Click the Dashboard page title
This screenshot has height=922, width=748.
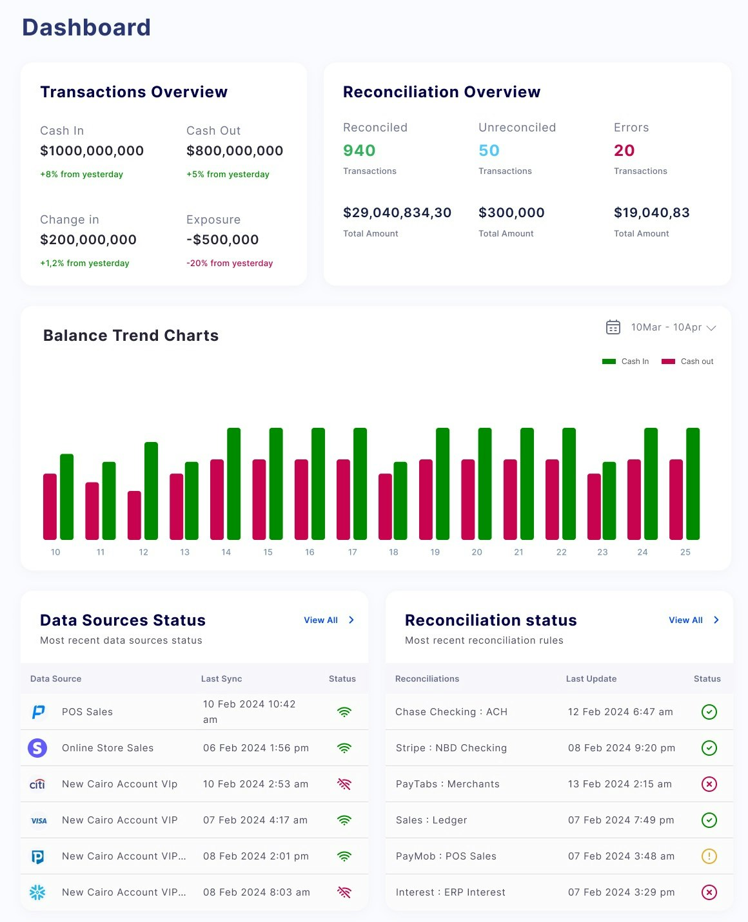86,28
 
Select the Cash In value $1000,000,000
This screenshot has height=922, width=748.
92,151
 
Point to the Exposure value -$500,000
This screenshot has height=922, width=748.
222,240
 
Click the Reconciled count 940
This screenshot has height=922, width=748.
359,151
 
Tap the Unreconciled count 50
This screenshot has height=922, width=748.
489,151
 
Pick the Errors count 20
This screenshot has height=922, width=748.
624,151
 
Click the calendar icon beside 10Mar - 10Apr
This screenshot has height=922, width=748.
613,327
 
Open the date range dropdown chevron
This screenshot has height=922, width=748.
711,328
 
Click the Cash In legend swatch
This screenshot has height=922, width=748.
609,361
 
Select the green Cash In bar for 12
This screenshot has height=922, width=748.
151,490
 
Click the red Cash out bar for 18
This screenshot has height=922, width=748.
385,506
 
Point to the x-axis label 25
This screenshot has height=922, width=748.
685,552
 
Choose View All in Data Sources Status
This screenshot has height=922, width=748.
321,620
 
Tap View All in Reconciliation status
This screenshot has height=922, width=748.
686,620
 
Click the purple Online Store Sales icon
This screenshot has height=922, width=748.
38,748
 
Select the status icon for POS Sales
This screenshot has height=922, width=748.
344,712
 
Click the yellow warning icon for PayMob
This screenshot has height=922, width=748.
709,856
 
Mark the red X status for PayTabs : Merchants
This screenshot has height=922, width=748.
709,784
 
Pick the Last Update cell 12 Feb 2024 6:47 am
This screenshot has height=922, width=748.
620,712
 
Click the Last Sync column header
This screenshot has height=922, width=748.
221,678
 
